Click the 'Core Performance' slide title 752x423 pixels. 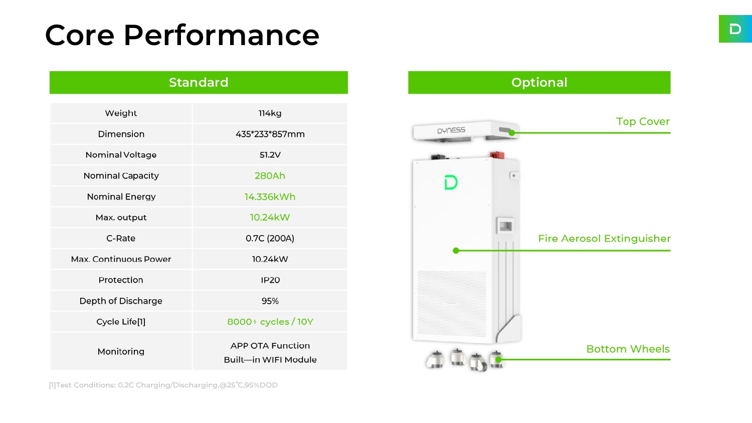182,35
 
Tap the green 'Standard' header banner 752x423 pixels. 199,82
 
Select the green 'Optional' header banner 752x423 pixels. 539,82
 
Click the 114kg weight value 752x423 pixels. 270,113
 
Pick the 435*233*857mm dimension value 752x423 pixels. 270,134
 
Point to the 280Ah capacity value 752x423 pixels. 270,175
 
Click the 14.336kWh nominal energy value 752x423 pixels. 270,196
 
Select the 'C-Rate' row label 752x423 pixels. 121,238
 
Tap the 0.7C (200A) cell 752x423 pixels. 270,238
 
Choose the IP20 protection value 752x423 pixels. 270,280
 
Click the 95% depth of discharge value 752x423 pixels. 270,301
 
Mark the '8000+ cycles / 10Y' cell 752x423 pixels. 270,322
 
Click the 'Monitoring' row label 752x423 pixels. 121,351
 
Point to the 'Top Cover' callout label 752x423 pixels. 643,121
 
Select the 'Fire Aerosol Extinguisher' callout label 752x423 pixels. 604,239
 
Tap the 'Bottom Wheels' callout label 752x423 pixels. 628,349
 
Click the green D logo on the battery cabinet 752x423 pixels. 451,182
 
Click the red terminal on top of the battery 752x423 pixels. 497,155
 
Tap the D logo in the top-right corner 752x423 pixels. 735,29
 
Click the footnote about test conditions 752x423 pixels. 163,385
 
